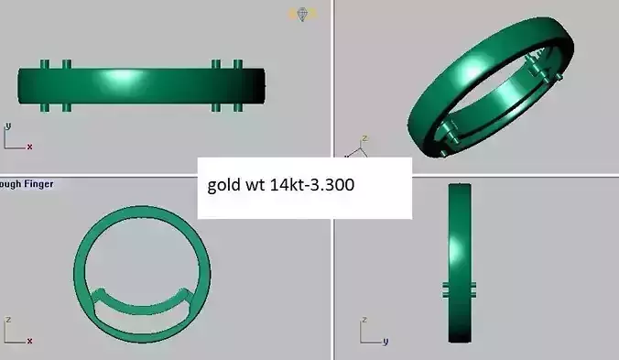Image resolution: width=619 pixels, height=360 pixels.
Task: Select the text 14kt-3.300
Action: [311, 185]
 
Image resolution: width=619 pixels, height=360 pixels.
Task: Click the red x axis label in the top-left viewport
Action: [29, 146]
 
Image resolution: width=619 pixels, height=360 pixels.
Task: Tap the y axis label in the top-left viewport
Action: [8, 125]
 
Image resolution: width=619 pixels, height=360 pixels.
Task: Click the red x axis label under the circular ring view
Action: [29, 341]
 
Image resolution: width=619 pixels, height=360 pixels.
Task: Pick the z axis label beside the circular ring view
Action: [8, 321]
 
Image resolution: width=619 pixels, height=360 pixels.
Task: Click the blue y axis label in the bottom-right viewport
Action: [386, 341]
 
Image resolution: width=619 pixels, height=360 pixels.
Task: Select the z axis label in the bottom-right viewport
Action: [364, 321]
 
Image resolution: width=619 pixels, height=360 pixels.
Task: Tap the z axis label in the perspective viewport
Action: [364, 138]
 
